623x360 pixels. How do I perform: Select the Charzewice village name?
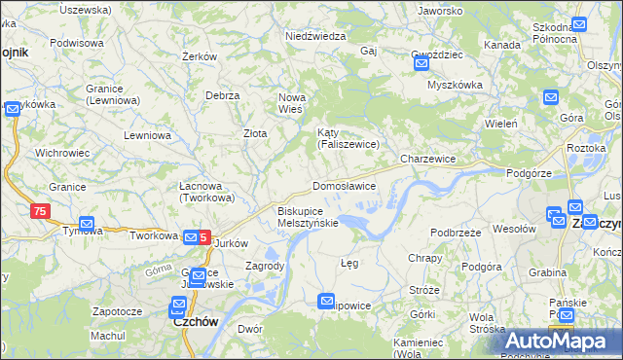(428, 158)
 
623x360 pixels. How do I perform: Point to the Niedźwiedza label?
(315, 36)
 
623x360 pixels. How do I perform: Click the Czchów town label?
(194, 321)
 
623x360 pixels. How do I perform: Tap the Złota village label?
(256, 134)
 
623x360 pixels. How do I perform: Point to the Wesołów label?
(515, 229)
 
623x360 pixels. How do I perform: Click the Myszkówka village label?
(455, 85)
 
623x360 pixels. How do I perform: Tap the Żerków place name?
(199, 57)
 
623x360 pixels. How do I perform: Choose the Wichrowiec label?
(62, 153)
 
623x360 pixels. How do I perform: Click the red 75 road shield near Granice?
(40, 211)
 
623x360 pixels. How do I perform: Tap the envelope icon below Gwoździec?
(421, 64)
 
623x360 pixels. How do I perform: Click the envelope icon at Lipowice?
(326, 302)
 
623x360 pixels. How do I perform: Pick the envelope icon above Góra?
(551, 97)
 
